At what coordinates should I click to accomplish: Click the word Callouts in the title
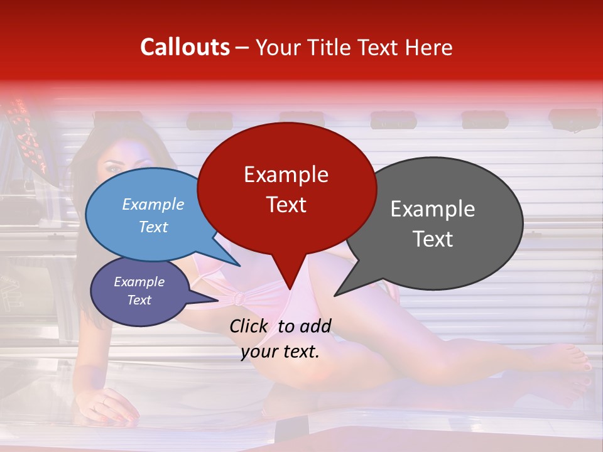[185, 47]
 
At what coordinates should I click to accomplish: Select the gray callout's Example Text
[432, 223]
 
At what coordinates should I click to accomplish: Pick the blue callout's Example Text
[153, 215]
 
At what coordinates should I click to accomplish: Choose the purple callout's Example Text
[139, 291]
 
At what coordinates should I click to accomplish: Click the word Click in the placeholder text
[249, 326]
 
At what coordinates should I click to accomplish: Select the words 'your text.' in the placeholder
[280, 352]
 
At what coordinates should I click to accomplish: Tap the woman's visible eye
[113, 168]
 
